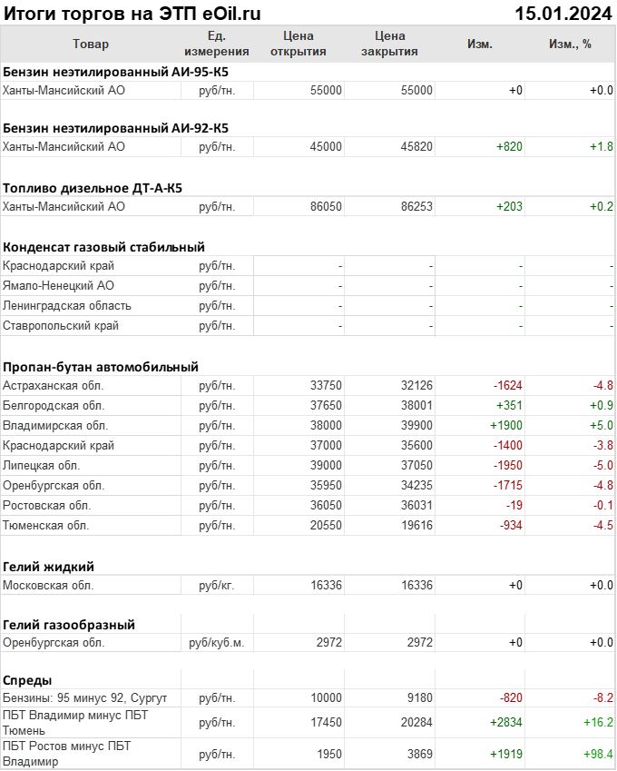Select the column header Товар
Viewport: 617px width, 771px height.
tap(90, 44)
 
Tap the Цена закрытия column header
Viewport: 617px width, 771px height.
tap(389, 44)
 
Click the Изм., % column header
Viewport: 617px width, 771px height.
tap(570, 44)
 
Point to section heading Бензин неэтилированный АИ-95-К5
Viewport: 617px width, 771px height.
tap(116, 71)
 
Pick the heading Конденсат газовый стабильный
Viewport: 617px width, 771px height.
tap(103, 246)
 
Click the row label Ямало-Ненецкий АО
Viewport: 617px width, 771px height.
tap(58, 285)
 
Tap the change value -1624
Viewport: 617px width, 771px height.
tap(507, 385)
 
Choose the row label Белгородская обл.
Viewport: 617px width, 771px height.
tap(54, 405)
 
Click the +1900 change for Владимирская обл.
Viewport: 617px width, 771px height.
tap(505, 425)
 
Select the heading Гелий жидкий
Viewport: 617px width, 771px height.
tap(49, 566)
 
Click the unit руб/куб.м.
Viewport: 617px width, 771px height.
tap(216, 642)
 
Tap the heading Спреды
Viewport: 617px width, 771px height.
tap(27, 680)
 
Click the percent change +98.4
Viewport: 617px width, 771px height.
tap(596, 754)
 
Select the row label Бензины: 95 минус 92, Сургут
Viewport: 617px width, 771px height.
tap(85, 697)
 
